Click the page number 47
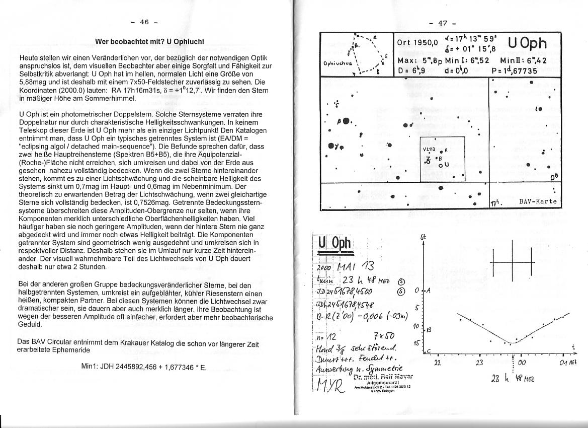coord(443,23)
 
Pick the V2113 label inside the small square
coord(428,149)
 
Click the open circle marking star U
coord(440,165)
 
